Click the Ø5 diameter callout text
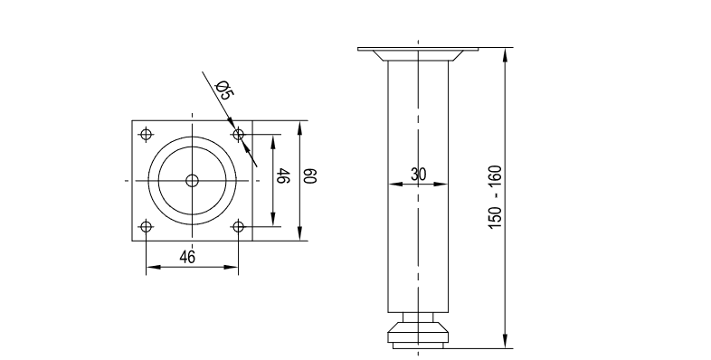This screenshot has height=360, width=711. [x=224, y=90]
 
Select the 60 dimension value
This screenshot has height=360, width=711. [x=310, y=175]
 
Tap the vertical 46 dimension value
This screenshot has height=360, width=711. [x=283, y=175]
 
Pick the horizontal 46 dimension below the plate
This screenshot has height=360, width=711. [x=187, y=257]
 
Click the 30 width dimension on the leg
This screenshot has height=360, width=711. [x=419, y=174]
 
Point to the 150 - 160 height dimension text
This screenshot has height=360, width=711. [x=495, y=197]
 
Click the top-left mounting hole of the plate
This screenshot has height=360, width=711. [x=146, y=135]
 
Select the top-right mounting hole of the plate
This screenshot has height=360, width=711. [x=239, y=135]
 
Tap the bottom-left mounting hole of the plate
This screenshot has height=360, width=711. [x=146, y=227]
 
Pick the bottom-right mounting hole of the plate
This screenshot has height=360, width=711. [x=239, y=227]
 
